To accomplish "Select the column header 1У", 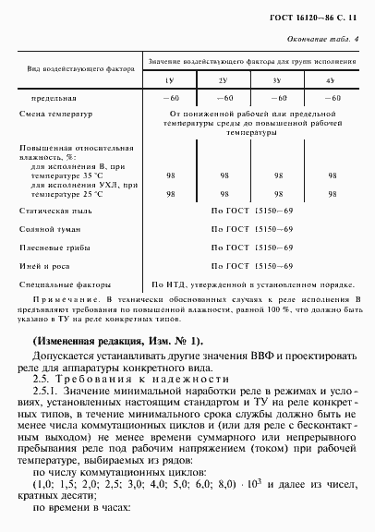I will [170, 81].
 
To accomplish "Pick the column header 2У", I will [224, 81].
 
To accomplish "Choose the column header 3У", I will [277, 81].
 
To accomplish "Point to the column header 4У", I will [331, 81].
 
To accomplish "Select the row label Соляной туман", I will [54, 230].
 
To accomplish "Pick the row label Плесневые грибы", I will [58, 248].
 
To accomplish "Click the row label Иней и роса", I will [51, 265].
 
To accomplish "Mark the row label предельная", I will [54, 97].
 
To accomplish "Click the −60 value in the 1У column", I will [170, 97].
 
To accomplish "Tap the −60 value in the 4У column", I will [331, 97].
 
